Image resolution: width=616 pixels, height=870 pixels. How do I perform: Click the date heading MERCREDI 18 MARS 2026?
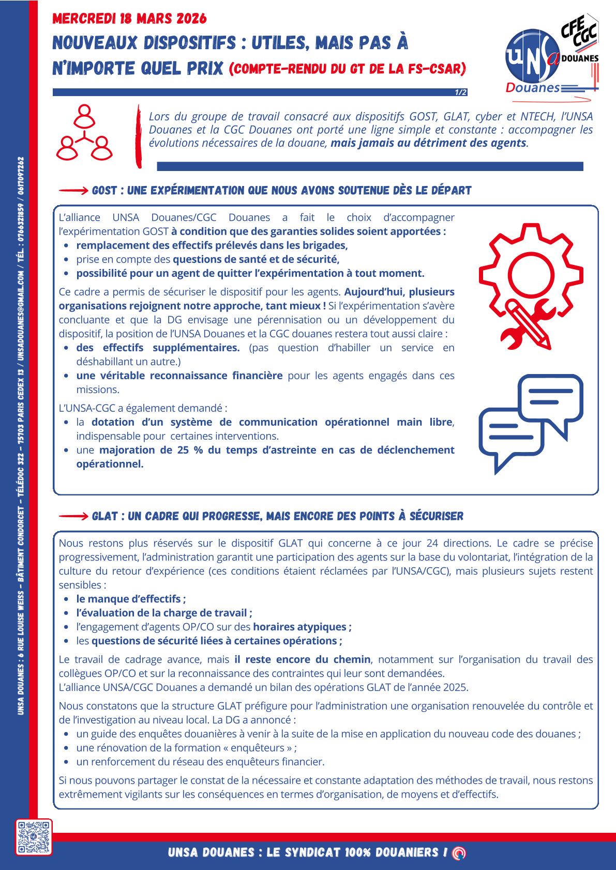129,19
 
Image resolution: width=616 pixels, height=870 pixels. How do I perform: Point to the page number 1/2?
460,92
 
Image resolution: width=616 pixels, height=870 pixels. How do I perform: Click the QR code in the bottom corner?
34,837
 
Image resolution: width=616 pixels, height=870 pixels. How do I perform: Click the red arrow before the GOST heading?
73,191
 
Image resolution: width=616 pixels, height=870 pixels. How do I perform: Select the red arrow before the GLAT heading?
73,516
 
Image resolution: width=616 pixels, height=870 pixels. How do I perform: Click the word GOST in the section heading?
104,191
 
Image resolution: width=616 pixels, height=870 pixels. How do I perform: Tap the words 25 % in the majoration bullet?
190,450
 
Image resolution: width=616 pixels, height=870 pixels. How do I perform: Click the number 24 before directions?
432,543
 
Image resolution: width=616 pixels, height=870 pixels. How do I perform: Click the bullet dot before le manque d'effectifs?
66,599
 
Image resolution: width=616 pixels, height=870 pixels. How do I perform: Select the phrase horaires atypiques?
299,627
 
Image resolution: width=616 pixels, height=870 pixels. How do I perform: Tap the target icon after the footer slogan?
459,853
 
